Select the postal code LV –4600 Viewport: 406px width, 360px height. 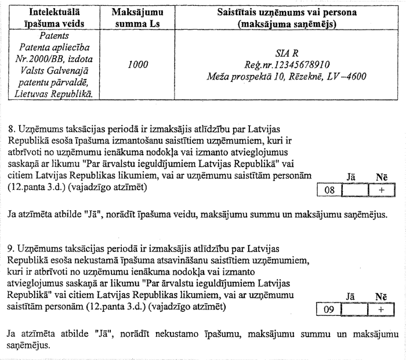350,76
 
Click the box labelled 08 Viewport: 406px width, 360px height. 330,189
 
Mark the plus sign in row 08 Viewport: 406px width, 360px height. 381,189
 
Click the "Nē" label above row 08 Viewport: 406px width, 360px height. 381,176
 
